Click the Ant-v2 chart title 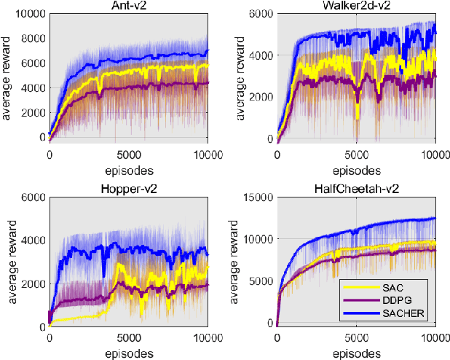click(129, 5)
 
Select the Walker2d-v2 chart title click(357, 5)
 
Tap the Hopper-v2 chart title click(129, 189)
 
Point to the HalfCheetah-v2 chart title click(357, 189)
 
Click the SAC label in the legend click(392, 287)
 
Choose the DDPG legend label click(397, 300)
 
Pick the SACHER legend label click(403, 313)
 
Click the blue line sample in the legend click(362, 313)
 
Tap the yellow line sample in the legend click(362, 287)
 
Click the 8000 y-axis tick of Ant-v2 click(33, 39)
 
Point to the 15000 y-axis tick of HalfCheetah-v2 click(258, 197)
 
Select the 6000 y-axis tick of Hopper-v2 click(33, 197)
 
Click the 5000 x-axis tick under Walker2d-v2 click(357, 155)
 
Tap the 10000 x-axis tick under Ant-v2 click(208, 155)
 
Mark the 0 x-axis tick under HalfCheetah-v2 click(277, 338)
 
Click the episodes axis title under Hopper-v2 click(129, 353)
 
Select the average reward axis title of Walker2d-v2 click(240, 78)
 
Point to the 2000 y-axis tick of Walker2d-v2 click(261, 97)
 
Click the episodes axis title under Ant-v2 click(129, 171)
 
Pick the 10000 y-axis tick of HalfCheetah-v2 click(258, 239)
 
